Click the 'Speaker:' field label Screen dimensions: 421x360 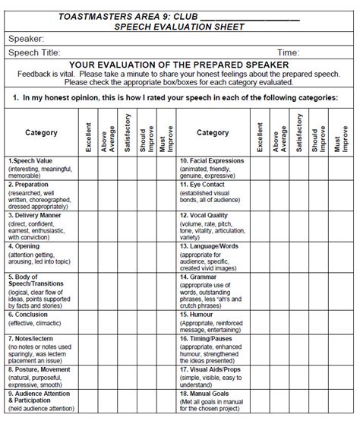[x=27, y=38]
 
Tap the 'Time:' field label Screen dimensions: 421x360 [x=287, y=52]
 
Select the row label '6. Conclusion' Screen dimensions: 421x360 [x=31, y=315]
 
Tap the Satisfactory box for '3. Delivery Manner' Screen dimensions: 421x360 [x=127, y=225]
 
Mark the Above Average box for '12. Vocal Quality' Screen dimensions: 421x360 [x=278, y=225]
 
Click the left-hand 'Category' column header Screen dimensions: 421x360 [x=41, y=133]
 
